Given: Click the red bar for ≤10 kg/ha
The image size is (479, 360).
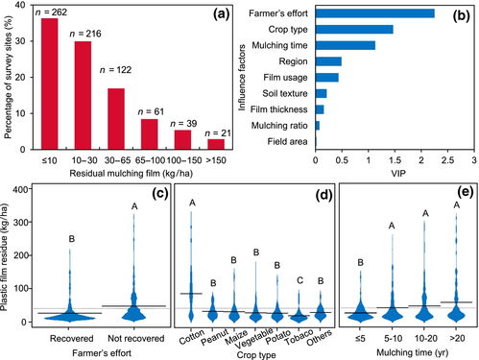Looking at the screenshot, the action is [50, 84].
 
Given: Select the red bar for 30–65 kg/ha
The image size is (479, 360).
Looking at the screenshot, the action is [116, 119].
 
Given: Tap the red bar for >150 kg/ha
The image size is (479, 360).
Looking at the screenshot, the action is [216, 144].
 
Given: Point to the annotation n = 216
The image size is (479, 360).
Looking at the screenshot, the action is [85, 34].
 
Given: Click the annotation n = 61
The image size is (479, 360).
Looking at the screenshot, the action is [151, 111].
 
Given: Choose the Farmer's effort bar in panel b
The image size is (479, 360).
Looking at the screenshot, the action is [375, 13].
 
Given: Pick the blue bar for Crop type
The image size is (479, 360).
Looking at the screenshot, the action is [354, 30].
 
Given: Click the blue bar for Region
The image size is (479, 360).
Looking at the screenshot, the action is [328, 61].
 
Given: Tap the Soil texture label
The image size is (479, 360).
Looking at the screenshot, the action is [285, 93].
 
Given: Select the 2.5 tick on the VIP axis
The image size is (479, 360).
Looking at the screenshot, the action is [447, 160].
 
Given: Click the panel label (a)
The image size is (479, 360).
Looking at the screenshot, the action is [222, 14].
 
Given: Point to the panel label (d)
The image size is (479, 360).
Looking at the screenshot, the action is [323, 195].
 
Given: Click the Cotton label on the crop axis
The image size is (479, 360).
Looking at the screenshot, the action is [192, 337].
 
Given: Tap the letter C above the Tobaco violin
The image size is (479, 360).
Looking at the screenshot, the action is [299, 280].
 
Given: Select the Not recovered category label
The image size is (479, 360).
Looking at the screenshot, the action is [135, 338].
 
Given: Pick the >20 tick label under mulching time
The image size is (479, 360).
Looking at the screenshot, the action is [457, 338].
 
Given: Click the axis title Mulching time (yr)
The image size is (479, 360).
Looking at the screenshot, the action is [412, 352].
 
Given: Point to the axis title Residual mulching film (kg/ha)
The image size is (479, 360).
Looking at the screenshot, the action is [132, 174].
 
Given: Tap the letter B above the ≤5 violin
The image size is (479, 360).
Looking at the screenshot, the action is [360, 262].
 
